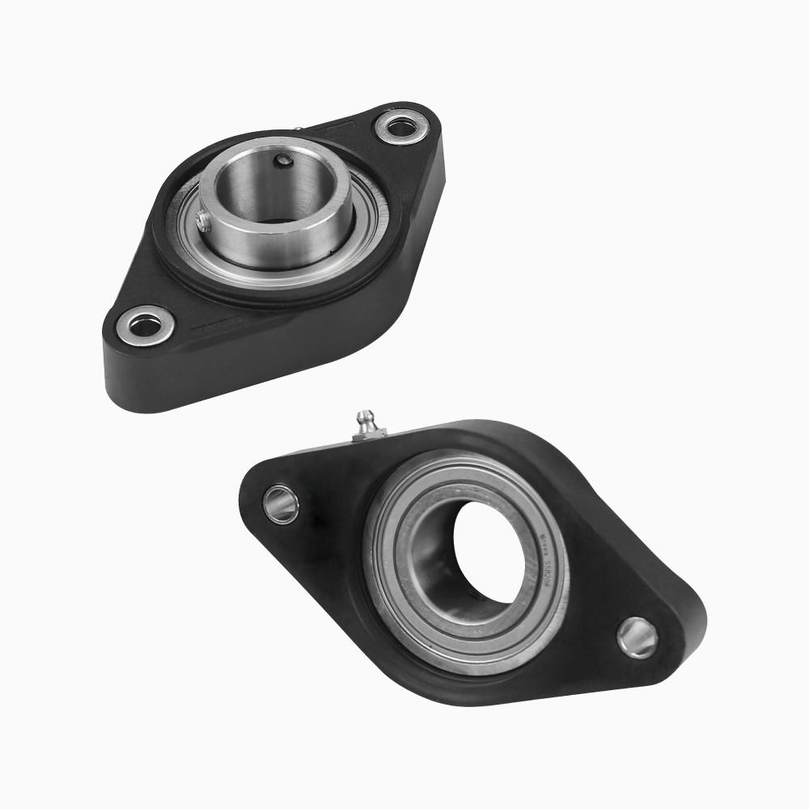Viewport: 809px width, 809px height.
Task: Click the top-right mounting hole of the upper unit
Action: coord(398,126)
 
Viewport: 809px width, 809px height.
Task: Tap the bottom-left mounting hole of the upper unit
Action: coord(145,326)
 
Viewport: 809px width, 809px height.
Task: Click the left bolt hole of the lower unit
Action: coord(281,504)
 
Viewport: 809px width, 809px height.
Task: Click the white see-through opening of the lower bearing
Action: coord(493,550)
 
